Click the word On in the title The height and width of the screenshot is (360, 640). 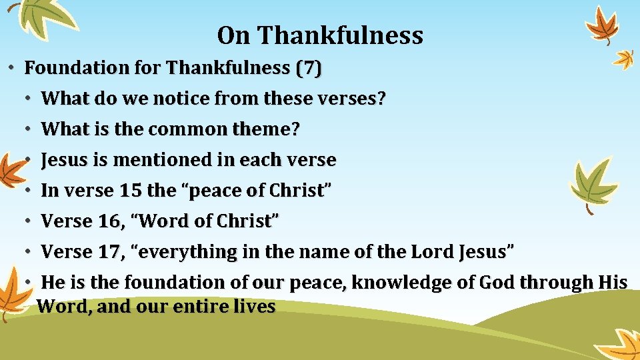(x=233, y=35)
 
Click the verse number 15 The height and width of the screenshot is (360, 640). (x=130, y=191)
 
